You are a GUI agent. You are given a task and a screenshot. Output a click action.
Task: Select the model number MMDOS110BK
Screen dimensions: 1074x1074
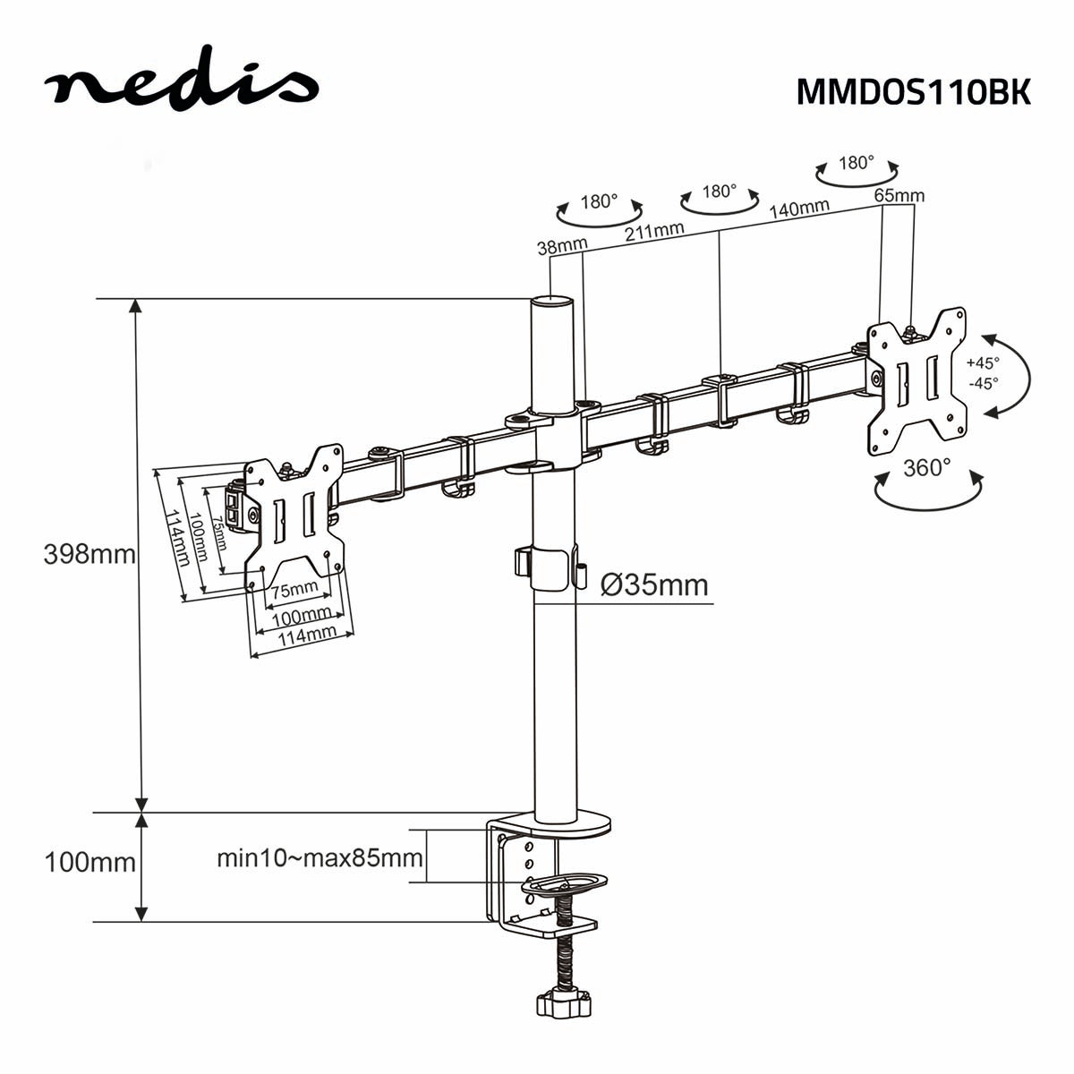point(913,91)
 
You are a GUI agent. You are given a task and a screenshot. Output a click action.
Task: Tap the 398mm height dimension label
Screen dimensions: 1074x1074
point(89,554)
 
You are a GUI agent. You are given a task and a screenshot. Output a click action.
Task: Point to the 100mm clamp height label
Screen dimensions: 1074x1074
point(89,863)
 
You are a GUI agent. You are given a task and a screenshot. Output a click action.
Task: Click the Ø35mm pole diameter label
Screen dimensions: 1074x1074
point(654,585)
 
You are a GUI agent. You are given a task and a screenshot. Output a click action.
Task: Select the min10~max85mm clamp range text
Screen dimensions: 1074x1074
point(320,858)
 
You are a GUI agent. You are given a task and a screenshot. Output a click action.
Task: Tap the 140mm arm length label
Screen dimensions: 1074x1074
point(799,209)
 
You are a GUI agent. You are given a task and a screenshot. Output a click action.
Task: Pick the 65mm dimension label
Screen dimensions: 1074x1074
point(899,195)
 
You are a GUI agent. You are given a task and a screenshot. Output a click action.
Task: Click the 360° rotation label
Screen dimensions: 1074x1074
point(927,468)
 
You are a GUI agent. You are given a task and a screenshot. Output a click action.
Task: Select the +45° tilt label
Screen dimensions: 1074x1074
point(982,363)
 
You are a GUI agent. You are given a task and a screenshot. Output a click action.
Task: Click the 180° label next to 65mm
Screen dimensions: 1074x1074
point(857,163)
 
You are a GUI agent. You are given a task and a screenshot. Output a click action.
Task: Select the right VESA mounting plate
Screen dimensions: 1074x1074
point(916,381)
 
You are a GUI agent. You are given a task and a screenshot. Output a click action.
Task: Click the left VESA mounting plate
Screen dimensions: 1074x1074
point(294,518)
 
